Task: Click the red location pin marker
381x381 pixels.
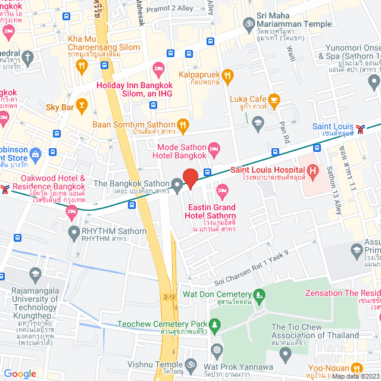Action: (x=190, y=178)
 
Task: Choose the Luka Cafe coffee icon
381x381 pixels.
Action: (x=274, y=99)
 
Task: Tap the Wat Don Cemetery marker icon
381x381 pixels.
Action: (x=259, y=295)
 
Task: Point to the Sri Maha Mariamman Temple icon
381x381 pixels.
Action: (x=249, y=23)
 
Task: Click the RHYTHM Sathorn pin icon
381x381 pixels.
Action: (x=73, y=232)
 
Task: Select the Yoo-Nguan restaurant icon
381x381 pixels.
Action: (x=357, y=367)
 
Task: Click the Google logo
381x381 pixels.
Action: (x=20, y=373)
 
